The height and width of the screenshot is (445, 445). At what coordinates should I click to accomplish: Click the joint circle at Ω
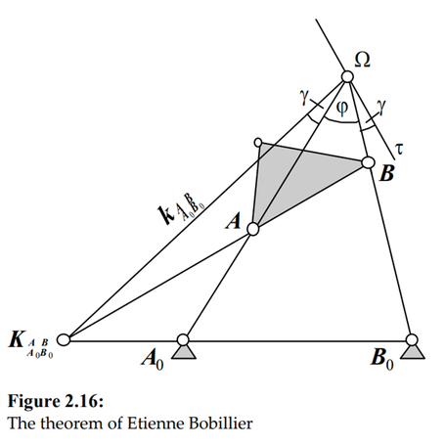(347, 77)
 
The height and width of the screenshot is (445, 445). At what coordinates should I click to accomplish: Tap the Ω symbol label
(362, 60)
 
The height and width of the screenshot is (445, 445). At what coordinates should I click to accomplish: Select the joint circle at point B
(369, 162)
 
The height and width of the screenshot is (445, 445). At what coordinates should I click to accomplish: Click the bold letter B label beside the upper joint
(386, 173)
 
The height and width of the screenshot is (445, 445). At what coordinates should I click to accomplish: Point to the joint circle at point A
(253, 229)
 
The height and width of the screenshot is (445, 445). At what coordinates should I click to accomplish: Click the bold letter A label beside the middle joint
(234, 221)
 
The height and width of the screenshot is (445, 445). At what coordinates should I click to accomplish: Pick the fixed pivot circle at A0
(183, 339)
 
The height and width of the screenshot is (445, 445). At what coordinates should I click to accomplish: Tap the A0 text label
(153, 359)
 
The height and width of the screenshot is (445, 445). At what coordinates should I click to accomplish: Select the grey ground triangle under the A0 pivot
(183, 352)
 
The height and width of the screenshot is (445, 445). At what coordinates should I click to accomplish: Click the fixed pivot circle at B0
(412, 339)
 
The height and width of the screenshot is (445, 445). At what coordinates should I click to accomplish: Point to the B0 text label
(382, 359)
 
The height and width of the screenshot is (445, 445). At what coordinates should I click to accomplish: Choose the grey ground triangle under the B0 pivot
(413, 352)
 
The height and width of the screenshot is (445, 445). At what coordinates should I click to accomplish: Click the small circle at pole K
(64, 339)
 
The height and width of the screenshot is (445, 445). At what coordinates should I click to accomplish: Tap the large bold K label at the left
(17, 339)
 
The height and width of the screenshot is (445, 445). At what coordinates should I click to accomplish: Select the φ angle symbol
(341, 108)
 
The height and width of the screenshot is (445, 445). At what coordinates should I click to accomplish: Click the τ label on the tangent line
(399, 149)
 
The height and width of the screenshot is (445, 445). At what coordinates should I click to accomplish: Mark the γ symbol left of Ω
(304, 98)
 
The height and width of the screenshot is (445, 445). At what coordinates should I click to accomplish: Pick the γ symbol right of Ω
(381, 106)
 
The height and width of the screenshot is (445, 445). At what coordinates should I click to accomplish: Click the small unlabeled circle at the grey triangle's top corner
(258, 143)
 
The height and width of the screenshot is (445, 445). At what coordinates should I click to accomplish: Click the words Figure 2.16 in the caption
(56, 401)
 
